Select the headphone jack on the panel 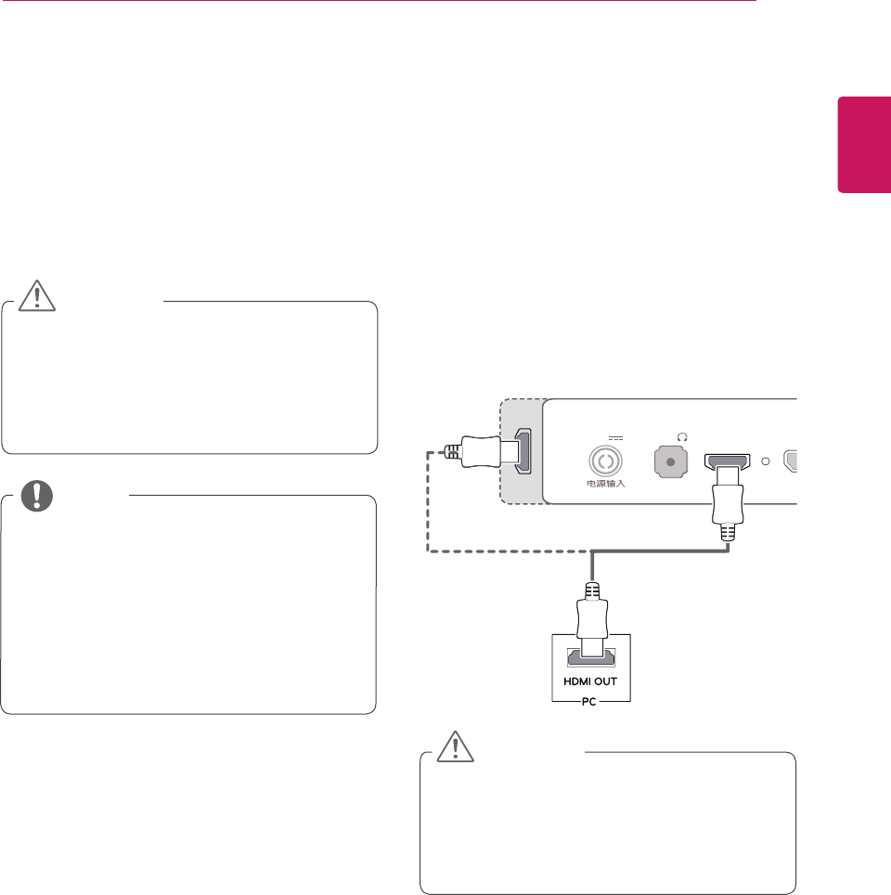click(670, 461)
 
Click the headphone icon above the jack click(683, 436)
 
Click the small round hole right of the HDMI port click(765, 461)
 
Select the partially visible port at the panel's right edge click(791, 461)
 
